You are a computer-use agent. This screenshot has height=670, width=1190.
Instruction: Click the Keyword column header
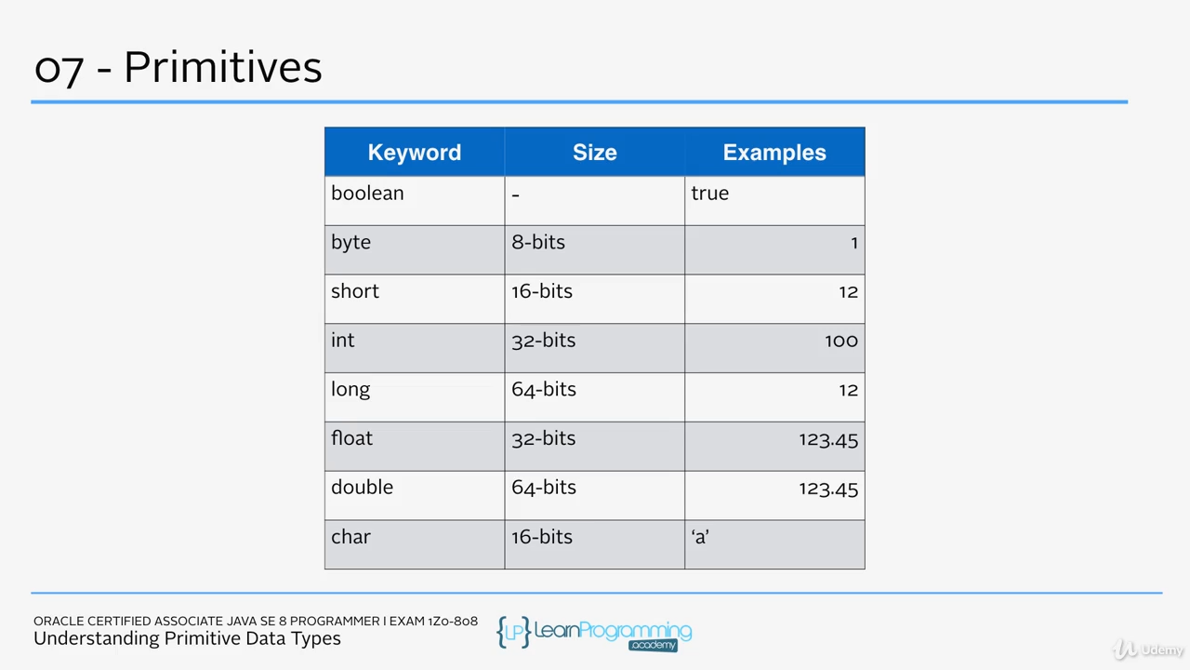(415, 153)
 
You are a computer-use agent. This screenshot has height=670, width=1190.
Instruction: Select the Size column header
(594, 153)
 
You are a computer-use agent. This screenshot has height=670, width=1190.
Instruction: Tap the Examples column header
(774, 153)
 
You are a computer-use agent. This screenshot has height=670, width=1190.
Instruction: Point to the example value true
(709, 194)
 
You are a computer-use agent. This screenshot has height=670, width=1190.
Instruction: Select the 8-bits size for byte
(538, 243)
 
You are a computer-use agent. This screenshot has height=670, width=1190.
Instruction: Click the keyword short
(355, 291)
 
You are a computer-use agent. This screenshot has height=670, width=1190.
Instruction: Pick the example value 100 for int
(841, 341)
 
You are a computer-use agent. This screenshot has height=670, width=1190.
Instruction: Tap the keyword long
(350, 390)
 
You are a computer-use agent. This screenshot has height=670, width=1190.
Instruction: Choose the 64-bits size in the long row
(544, 390)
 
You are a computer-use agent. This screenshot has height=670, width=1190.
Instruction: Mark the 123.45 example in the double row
(828, 489)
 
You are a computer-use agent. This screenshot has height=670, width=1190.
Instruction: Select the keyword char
(350, 537)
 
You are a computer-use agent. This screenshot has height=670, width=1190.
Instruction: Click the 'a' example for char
(700, 537)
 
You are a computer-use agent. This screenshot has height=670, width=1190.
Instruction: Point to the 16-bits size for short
(542, 291)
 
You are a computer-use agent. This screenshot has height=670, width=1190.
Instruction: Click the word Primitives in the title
(223, 68)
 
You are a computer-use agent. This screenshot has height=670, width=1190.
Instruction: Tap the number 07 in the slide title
(59, 70)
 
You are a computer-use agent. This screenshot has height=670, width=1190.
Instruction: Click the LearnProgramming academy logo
(594, 634)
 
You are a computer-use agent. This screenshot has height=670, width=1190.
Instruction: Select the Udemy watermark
(1147, 650)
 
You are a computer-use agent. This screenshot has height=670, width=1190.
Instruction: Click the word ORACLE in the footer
(59, 621)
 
